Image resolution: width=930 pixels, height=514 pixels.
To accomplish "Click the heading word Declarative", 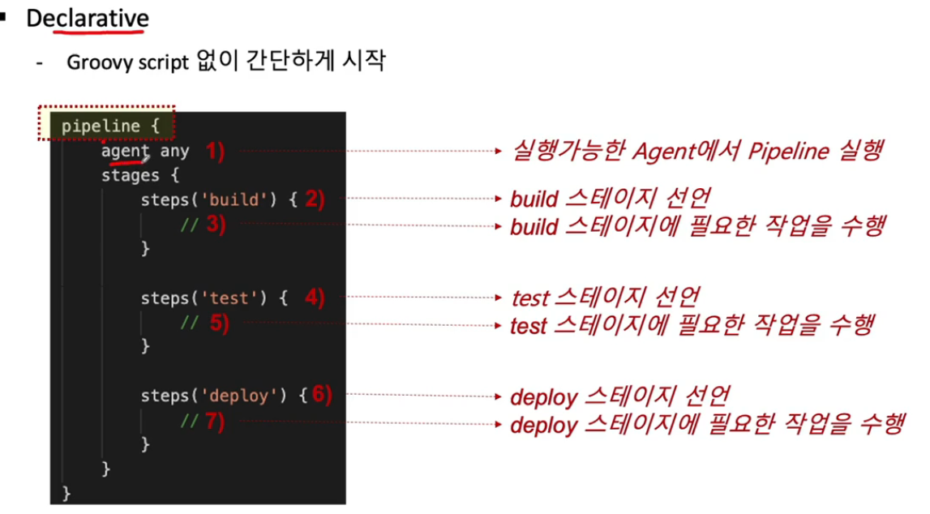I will coord(87,17).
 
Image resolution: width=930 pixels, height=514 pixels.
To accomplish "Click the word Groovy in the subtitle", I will coord(100,62).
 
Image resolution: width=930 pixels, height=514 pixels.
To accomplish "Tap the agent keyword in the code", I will coord(125,151).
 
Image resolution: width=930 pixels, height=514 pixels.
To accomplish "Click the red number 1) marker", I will coord(214,151).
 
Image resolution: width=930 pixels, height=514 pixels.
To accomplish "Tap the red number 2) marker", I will coord(315,199).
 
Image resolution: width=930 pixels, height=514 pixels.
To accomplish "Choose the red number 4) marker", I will coord(315,298).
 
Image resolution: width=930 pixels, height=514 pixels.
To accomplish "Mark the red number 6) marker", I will coord(322,396).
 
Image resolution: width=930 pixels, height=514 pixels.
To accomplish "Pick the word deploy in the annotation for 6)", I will coord(543,397).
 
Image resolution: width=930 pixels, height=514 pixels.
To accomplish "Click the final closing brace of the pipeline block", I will coord(66,493).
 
